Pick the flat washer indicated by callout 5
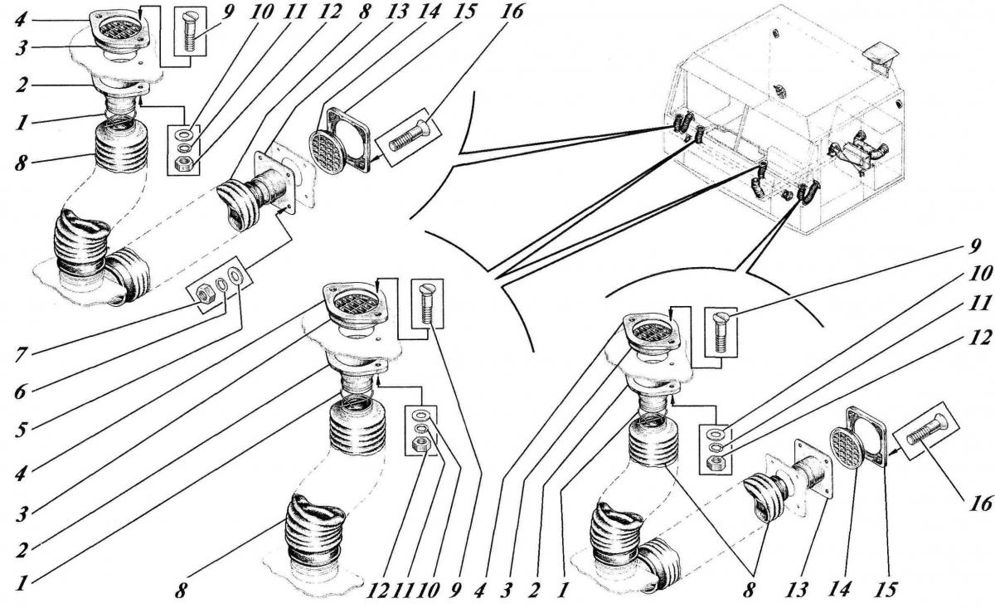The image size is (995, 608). tap(236, 275)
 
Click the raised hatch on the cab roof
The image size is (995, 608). tap(878, 56)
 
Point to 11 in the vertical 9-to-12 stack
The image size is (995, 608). tap(979, 305)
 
